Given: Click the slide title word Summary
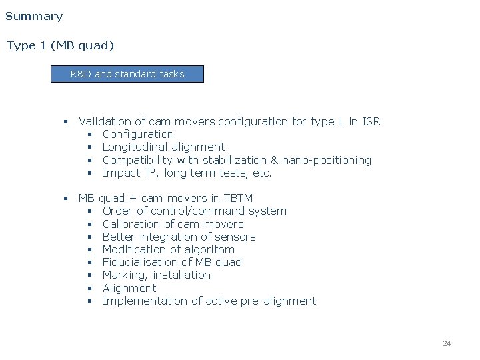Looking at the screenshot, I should point(34,16).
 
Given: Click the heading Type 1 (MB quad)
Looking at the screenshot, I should point(61,45).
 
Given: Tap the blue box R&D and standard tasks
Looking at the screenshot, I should point(127,74).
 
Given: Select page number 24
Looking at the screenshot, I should point(447,343).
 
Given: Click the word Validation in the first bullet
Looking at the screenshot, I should point(105,121).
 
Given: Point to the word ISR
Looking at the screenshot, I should point(371,121).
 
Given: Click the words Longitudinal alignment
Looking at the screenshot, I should point(163,147).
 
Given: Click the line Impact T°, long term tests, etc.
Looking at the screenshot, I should point(187,173).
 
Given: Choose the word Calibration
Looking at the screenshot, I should point(133,224).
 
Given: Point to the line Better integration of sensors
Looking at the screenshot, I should point(179,237).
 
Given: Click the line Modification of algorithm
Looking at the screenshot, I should point(168,249).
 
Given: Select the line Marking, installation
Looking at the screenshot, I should point(156,275).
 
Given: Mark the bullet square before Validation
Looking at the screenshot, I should point(66,122).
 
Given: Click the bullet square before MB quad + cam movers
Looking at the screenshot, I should point(66,199).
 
